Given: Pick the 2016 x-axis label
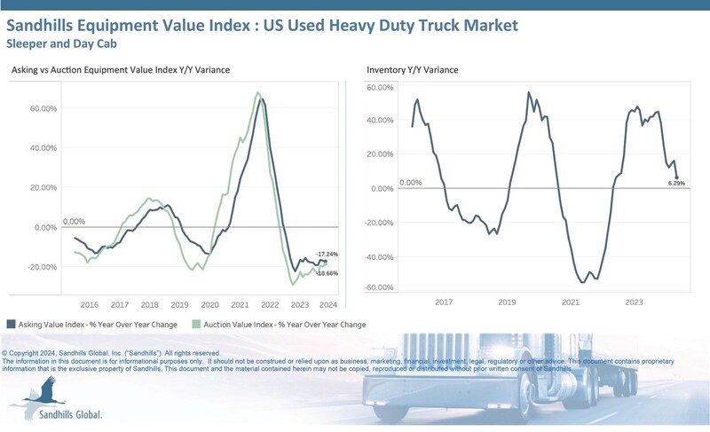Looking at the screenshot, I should (x=89, y=303).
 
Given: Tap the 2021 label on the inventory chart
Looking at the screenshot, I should (x=570, y=302).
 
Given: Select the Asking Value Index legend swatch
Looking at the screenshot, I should (x=11, y=325).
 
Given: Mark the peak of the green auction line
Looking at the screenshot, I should (x=256, y=92).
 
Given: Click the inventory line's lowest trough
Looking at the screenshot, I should (x=582, y=282).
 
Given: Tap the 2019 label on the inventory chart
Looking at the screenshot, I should (x=506, y=302).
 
